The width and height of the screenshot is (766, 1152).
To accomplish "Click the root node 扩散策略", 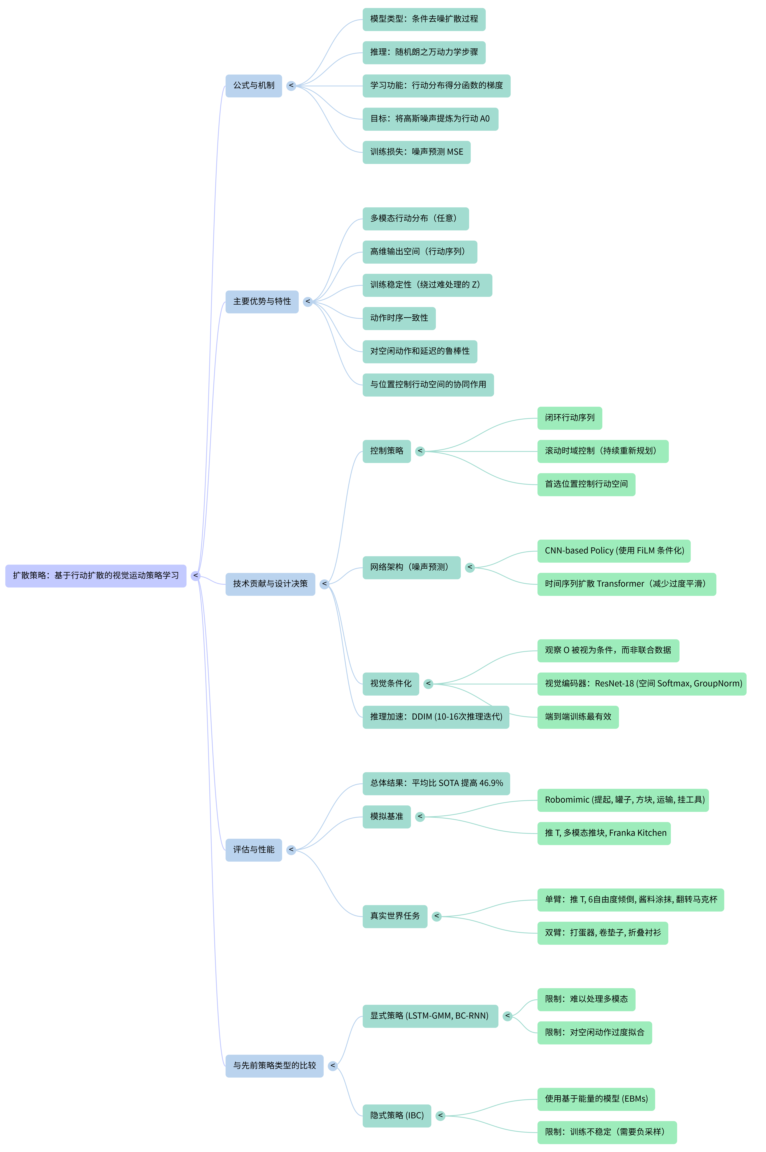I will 96,575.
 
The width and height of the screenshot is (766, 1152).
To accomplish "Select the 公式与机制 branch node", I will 254,85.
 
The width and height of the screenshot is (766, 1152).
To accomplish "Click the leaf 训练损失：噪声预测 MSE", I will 416,152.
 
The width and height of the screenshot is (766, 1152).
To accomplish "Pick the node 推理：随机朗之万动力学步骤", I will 424,52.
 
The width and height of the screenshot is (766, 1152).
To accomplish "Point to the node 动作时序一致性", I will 399,318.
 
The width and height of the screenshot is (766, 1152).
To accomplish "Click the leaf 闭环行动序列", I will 570,418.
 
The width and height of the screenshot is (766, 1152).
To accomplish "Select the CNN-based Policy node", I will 614,551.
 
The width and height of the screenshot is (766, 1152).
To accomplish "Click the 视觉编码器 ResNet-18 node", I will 641,683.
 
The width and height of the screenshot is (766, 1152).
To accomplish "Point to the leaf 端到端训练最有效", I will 578,717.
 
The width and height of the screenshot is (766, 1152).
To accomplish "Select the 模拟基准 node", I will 386,816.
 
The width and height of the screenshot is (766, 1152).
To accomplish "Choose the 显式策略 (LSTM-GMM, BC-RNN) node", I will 430,1016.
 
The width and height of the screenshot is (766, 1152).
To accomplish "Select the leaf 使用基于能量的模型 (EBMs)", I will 596,1099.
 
